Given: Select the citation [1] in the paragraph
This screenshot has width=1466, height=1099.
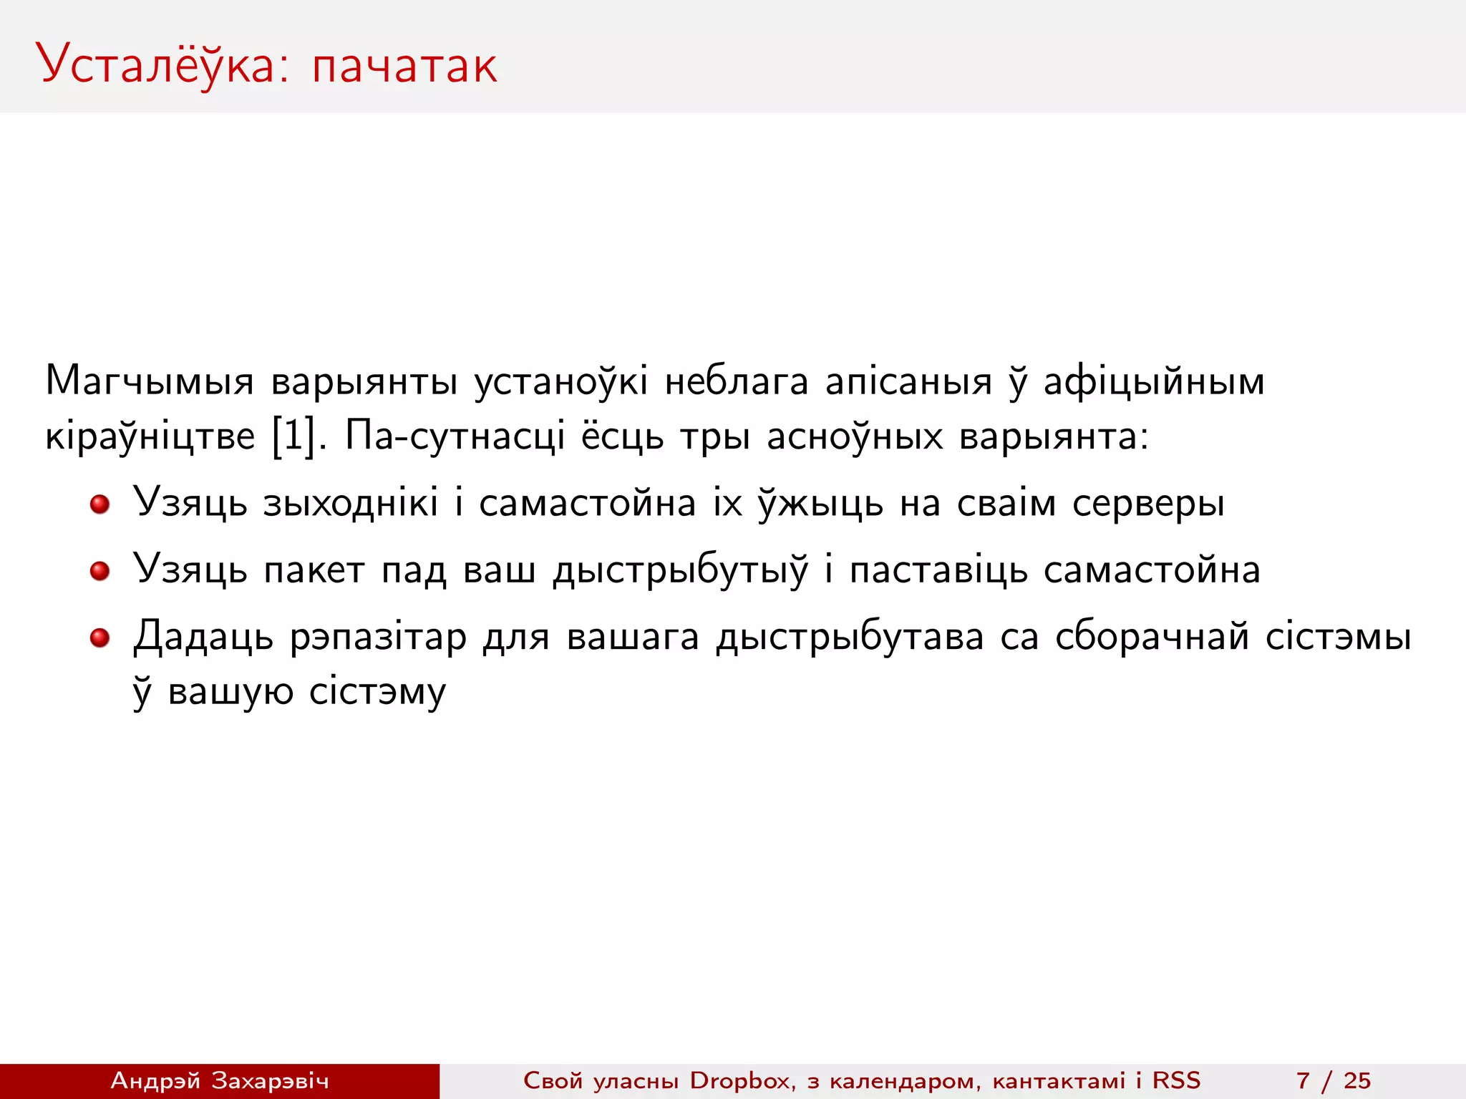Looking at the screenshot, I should click(293, 435).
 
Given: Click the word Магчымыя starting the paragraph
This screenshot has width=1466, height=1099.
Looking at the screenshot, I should click(150, 381).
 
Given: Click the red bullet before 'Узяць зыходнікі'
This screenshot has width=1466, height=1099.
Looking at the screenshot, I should click(99, 504).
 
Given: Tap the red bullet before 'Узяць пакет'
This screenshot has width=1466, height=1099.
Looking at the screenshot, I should click(99, 571).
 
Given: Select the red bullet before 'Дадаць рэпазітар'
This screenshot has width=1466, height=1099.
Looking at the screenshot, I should click(99, 638).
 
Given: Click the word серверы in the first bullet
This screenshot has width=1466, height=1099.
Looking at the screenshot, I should click(1148, 504).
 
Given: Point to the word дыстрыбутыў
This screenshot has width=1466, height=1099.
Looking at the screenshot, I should click(680, 571).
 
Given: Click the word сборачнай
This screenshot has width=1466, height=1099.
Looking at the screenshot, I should click(1152, 637).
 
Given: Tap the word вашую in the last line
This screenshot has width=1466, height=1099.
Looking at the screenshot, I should click(230, 692).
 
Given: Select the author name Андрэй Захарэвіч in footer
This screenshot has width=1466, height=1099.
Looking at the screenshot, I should click(220, 1080).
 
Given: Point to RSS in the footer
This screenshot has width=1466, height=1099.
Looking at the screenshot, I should click(1175, 1080).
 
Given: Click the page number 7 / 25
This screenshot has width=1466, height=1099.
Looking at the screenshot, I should click(1333, 1080).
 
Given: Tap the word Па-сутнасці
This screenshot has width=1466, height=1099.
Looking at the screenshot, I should click(455, 435).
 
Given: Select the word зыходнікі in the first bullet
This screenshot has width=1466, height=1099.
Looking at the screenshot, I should click(350, 504).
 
